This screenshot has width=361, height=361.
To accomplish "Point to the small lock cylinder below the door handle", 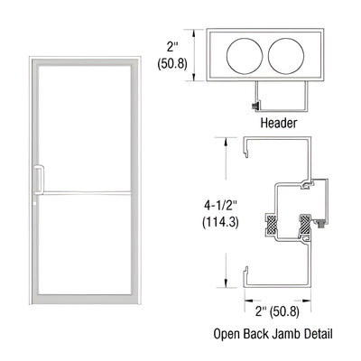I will [x=38, y=202].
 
